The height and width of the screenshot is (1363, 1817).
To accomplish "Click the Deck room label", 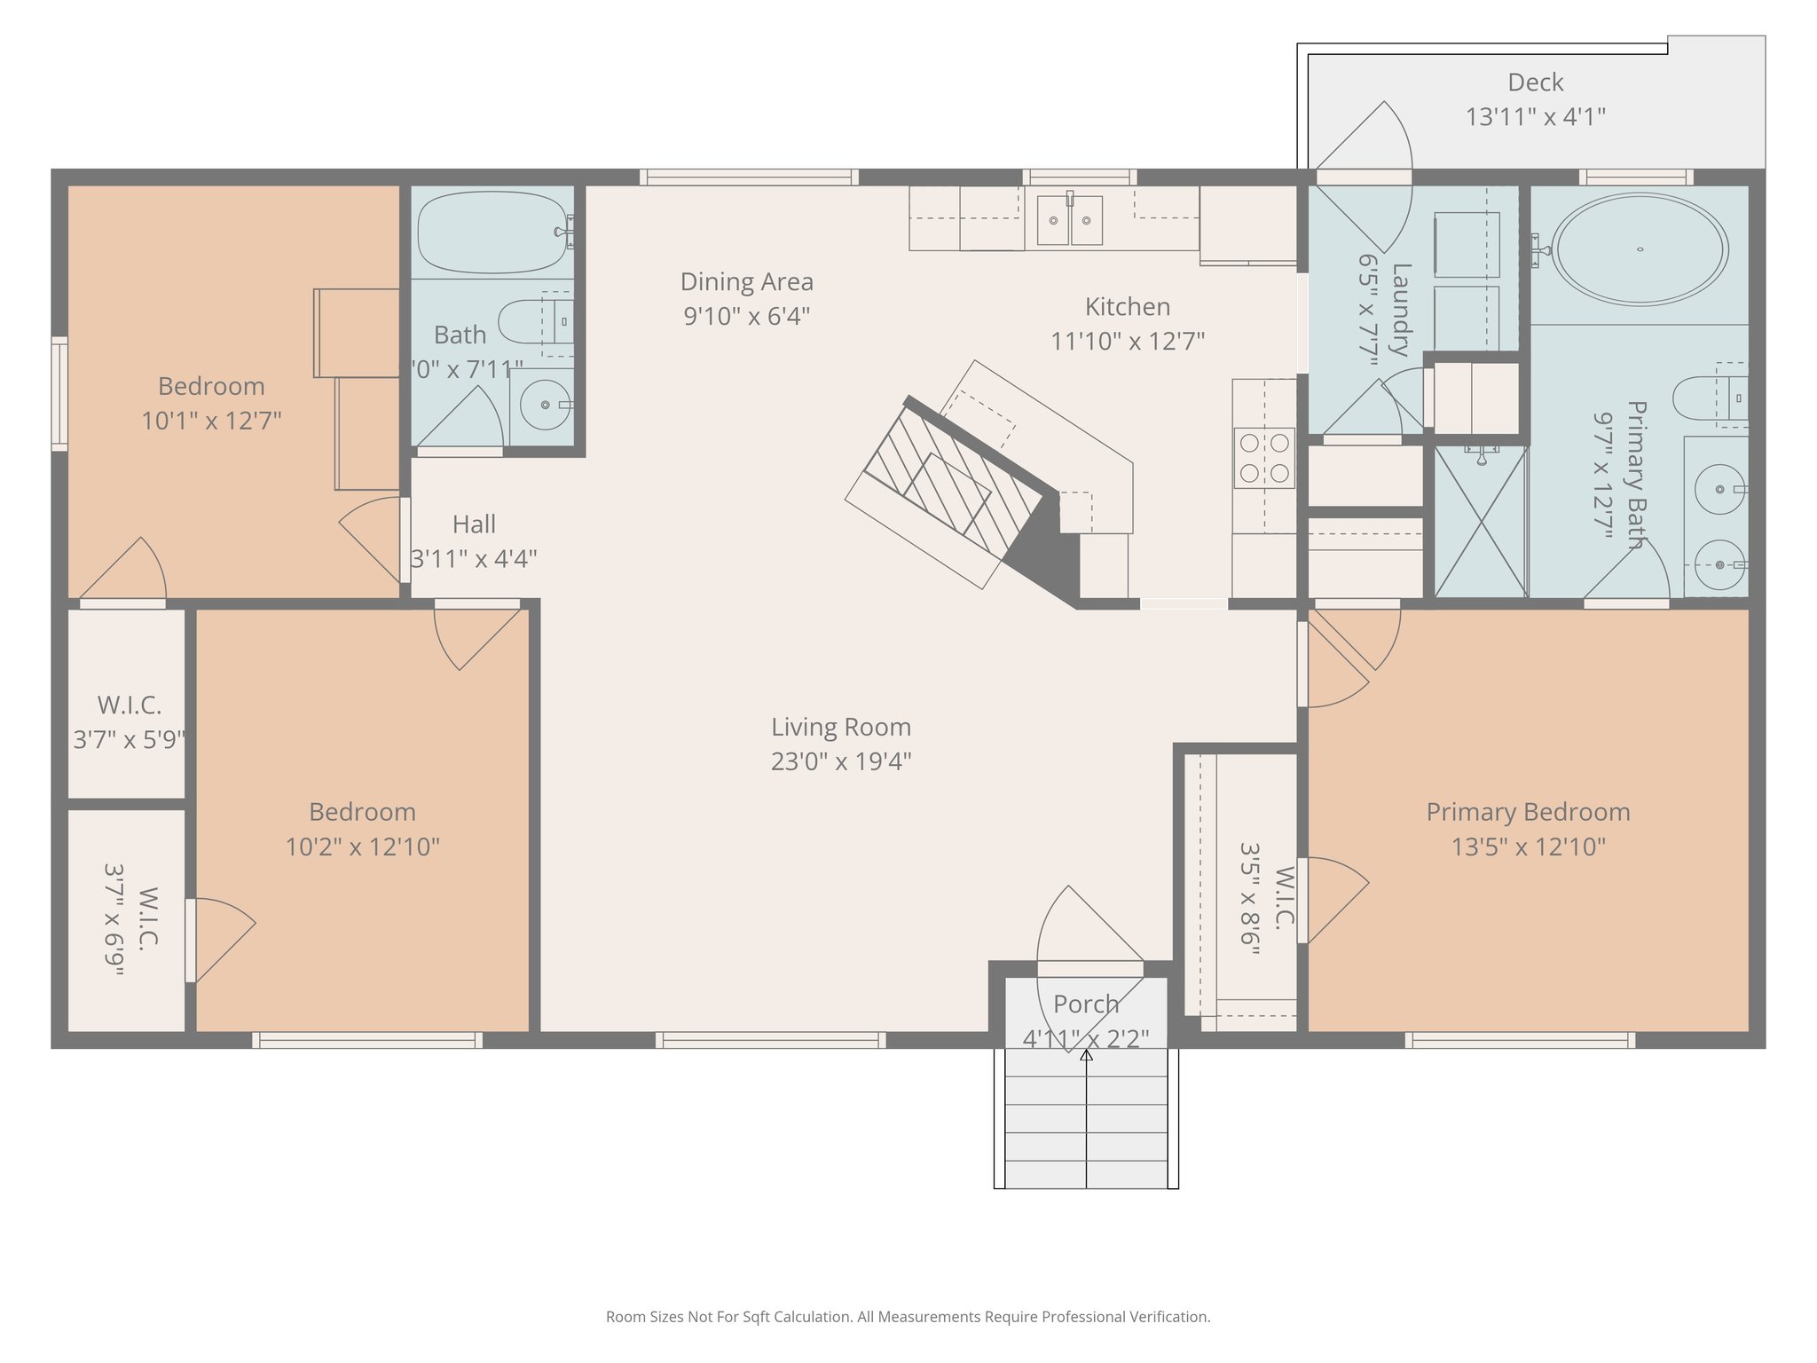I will [1535, 83].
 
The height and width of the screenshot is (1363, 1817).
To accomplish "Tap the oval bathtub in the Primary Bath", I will [1640, 249].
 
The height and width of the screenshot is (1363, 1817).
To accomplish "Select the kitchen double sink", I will [1069, 219].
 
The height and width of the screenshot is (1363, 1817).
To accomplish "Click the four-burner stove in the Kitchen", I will [1264, 458].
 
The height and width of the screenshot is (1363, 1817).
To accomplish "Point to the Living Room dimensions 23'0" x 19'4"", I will [841, 761].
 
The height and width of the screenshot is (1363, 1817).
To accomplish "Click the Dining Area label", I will [746, 282].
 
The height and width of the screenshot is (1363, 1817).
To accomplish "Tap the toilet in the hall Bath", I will [532, 321].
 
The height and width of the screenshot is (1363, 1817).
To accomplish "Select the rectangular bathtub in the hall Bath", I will [492, 232].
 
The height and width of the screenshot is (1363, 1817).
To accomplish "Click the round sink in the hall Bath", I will [544, 405].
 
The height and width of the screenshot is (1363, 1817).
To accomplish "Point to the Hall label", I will [474, 524].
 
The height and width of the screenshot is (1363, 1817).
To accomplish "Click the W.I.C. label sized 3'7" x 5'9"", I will [130, 705].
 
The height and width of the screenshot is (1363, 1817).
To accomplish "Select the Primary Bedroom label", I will [1528, 812].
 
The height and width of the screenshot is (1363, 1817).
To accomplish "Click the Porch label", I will [1086, 1005].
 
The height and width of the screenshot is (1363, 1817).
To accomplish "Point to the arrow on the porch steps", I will [1086, 1056].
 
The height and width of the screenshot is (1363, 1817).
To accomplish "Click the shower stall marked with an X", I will [1480, 522].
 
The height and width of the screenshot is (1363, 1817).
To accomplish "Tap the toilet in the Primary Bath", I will [1702, 398].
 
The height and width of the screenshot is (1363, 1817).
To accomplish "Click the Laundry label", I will [1400, 309].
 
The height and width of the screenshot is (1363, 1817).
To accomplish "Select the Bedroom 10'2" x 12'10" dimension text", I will [362, 847].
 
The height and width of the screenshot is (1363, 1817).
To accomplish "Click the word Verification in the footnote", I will [1168, 1317].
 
